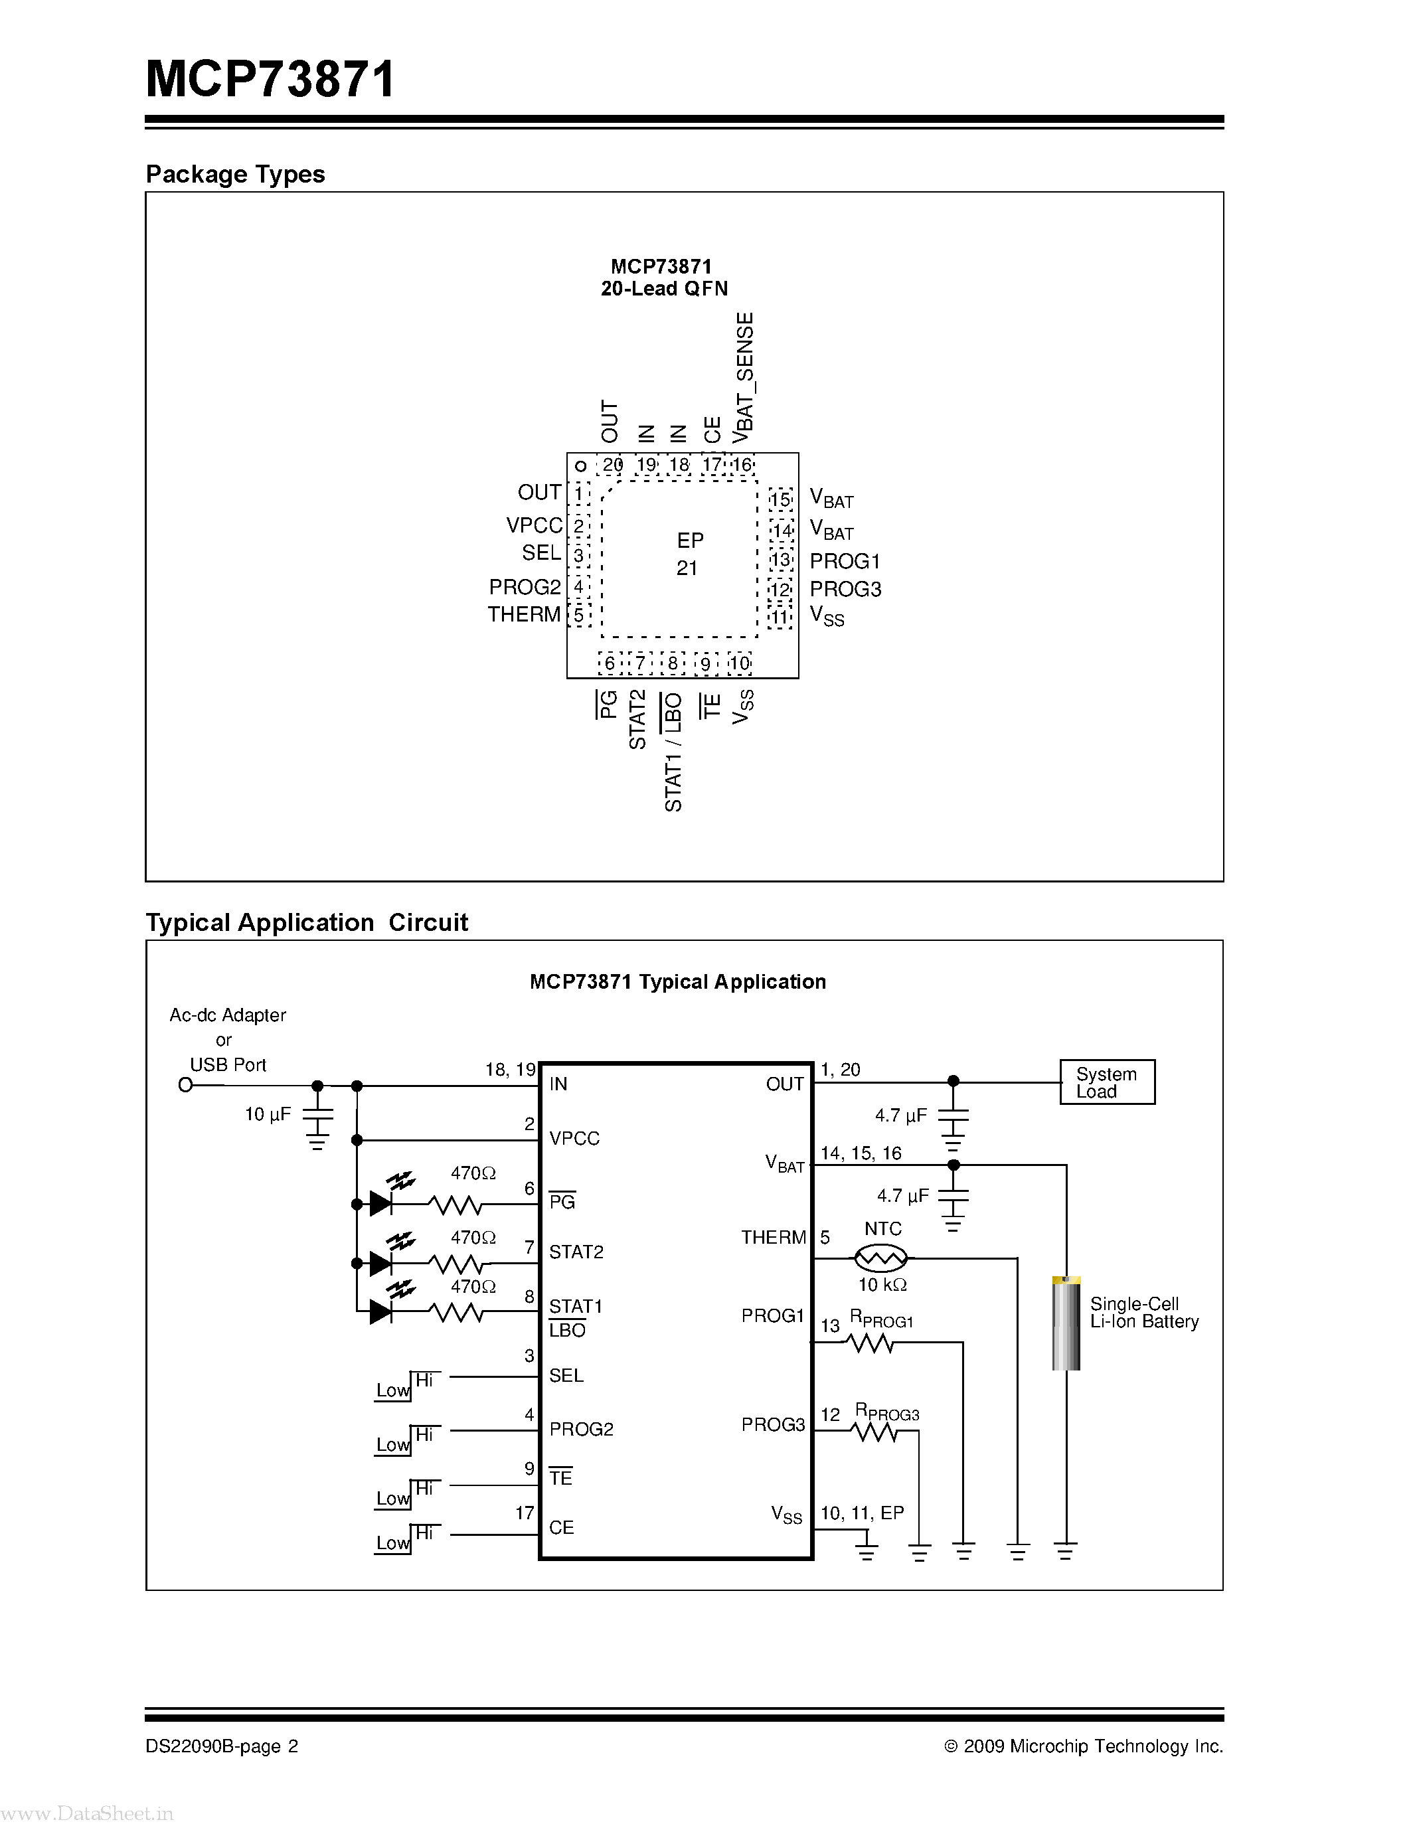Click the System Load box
1107,1082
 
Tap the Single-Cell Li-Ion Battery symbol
1066,1323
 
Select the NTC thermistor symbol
880,1257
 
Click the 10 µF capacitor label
268,1114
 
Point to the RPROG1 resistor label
881,1319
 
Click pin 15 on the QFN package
780,500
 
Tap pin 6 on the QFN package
610,663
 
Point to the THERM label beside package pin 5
524,614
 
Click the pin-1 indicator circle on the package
580,465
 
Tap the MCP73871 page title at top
270,80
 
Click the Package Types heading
235,174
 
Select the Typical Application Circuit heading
307,922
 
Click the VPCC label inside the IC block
574,1138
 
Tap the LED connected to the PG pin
381,1204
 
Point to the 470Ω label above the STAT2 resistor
473,1238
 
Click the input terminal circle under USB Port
185,1085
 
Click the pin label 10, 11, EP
862,1513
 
